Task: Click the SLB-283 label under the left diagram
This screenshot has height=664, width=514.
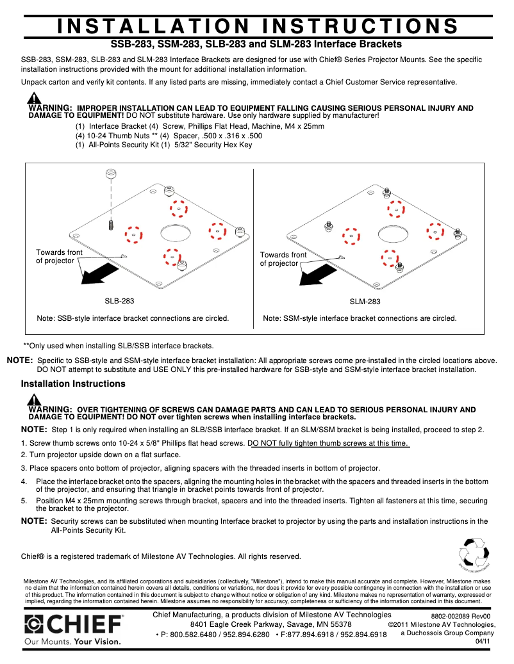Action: pos(119,300)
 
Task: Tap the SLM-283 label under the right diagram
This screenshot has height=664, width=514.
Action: pos(365,302)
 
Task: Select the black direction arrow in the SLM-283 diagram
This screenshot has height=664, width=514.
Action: pos(318,275)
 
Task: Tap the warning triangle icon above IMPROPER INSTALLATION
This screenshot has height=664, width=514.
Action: pos(34,99)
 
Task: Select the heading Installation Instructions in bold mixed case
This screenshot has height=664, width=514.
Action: pos(73,384)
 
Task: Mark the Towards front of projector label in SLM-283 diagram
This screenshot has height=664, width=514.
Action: pos(283,259)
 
